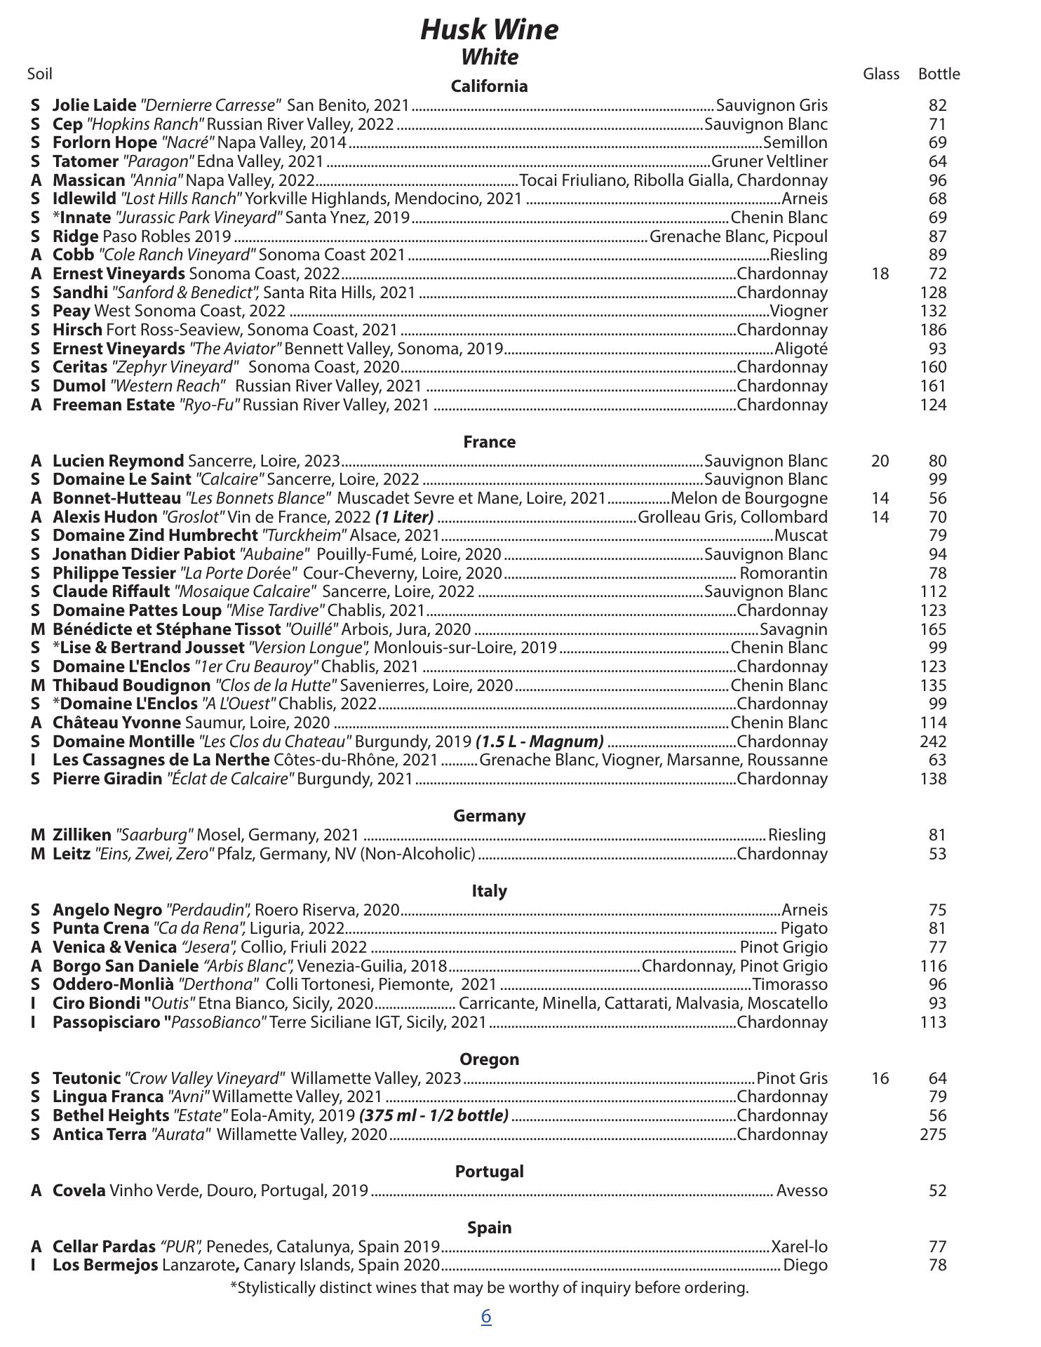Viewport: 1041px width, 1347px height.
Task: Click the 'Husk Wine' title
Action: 490,30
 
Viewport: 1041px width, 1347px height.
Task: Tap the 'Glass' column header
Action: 881,74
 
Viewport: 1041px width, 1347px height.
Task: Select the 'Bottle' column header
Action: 939,74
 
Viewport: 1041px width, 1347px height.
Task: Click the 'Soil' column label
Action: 40,74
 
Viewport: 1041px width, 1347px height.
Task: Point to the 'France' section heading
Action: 490,442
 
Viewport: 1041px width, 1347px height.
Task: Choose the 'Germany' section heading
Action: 490,816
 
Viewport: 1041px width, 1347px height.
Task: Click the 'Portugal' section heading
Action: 490,1172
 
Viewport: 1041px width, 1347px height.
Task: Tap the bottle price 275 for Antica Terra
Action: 933,1134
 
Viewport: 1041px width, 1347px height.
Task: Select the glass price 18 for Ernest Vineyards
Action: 880,274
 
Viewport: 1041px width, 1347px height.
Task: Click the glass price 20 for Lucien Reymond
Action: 880,461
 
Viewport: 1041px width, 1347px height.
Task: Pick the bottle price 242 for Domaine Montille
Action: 933,742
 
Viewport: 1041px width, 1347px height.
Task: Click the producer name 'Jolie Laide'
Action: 94,105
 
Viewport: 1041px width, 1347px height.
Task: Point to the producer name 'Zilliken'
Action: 81,835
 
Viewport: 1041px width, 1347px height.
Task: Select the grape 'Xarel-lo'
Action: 800,1247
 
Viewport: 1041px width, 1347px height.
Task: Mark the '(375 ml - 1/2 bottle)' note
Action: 434,1115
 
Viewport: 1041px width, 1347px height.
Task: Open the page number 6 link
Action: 486,1317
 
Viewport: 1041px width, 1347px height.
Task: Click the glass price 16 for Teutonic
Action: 880,1078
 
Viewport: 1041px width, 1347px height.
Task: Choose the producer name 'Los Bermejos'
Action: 105,1265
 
